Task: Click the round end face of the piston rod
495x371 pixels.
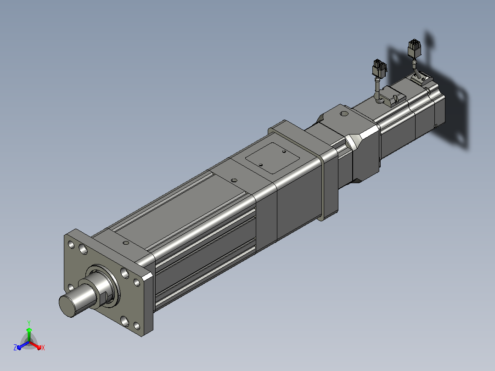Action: pos(67,305)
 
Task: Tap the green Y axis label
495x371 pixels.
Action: pos(29,323)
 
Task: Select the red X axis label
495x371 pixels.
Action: pos(43,348)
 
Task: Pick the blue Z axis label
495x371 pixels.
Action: pos(15,348)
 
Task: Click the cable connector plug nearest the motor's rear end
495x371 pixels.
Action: pos(415,48)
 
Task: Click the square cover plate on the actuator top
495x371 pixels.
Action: pos(272,158)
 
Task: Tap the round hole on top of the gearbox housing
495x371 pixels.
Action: pos(344,113)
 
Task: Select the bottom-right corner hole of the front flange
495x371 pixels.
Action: pos(137,326)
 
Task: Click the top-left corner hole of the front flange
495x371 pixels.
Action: pos(71,245)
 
